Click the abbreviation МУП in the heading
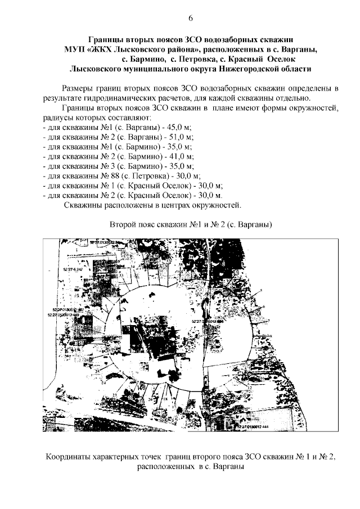[75, 49]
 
